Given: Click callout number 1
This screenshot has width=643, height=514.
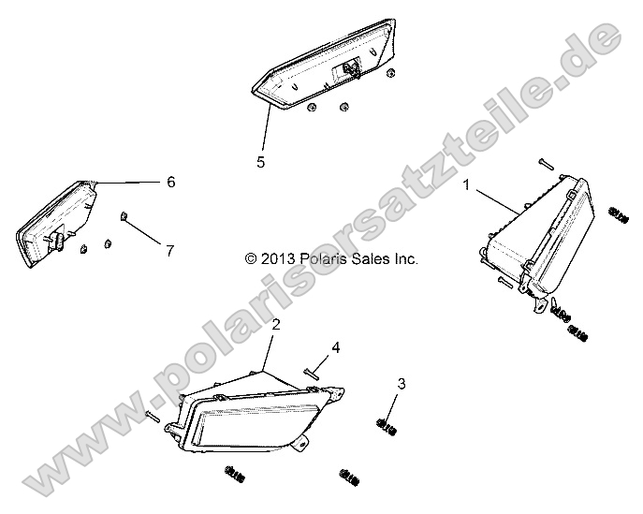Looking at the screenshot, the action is point(466,184).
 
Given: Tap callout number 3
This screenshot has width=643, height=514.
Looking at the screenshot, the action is point(402,384).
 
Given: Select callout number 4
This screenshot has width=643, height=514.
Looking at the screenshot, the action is point(336,348).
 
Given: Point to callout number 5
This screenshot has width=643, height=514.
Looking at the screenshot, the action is point(261,162).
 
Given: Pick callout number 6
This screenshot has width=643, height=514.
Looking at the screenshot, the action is point(171,182).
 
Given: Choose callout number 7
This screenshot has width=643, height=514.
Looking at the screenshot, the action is point(170,251).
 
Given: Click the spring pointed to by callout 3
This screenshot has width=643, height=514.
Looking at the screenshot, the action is point(387,427).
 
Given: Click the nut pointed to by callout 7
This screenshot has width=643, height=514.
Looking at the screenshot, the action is point(123,215).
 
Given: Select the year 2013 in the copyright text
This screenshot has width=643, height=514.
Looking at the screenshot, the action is point(278,258).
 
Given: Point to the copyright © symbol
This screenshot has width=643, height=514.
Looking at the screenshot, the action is point(251,258).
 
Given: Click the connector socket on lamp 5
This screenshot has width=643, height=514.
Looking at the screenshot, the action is point(347,69).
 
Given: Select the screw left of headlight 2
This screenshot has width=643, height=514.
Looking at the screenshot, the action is point(153,416).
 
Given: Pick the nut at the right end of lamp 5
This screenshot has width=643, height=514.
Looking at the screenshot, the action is point(391,73).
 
